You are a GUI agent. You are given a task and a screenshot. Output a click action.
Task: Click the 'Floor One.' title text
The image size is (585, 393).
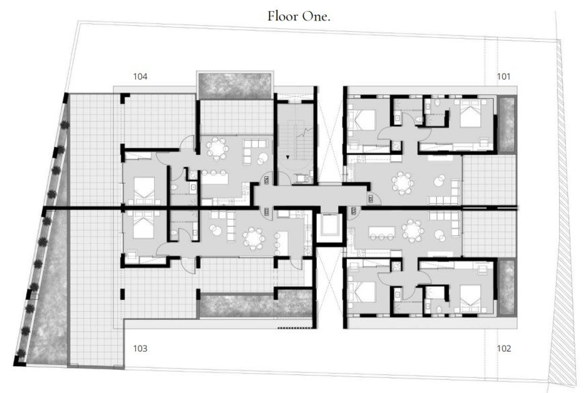point(299,16)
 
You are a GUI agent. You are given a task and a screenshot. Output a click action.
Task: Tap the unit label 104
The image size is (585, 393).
point(141,77)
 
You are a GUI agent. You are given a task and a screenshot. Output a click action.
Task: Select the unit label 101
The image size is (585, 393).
point(504,77)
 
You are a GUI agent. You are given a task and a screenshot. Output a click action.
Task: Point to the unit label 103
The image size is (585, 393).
point(141,348)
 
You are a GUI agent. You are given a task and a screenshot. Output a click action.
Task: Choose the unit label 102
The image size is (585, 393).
point(504,348)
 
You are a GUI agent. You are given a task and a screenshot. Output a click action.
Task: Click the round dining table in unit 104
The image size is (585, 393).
point(217,149)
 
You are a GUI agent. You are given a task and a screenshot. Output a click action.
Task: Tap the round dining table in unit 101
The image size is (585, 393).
point(403,183)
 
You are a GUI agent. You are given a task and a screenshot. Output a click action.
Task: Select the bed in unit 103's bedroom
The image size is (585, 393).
point(143,224)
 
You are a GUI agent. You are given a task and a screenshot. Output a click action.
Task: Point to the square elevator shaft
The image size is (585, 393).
point(330,225)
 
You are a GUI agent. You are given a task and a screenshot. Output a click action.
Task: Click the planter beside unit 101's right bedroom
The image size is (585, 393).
point(506,124)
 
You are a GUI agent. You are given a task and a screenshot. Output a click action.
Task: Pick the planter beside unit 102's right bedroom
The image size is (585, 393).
point(506,286)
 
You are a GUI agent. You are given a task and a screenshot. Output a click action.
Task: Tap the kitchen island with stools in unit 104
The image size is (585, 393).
point(215,177)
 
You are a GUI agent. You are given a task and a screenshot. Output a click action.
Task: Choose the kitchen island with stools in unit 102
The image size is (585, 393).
point(382,232)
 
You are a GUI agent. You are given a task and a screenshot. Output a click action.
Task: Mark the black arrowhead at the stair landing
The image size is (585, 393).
point(287,157)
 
